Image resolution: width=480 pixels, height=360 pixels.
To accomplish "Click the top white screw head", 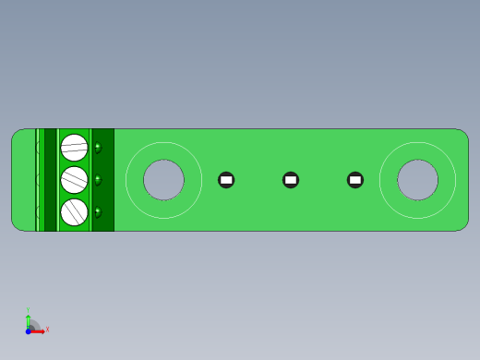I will (x=74, y=148).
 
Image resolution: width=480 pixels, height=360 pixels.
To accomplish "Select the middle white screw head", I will (x=74, y=180).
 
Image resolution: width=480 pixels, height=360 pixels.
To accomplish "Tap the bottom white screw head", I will (x=74, y=212).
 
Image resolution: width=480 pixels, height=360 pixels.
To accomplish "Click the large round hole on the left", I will (x=163, y=180).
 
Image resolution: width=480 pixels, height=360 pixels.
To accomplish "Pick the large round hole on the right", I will (x=417, y=180).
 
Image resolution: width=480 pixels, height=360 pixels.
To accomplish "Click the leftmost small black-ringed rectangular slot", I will (x=226, y=180).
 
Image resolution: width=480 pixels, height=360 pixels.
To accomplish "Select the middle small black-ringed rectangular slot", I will (x=291, y=180).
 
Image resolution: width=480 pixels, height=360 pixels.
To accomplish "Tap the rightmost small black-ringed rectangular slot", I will (x=355, y=180).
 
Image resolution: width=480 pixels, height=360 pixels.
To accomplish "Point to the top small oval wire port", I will (x=98, y=148).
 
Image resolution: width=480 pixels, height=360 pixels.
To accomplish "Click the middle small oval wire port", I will (x=98, y=180).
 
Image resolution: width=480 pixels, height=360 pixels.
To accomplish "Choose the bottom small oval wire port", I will (x=98, y=211).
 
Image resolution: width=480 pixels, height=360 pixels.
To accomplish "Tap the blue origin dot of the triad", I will (x=29, y=330).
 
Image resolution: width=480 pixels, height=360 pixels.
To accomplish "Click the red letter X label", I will (x=47, y=329).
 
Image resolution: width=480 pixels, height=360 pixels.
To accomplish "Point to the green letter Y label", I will (x=28, y=311).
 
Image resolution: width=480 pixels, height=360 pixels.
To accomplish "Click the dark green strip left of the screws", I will (x=50, y=180).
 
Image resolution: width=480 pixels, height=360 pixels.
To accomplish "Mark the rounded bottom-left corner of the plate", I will (x=17, y=225).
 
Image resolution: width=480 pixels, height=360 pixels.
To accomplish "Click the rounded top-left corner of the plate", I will (x=17, y=134).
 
